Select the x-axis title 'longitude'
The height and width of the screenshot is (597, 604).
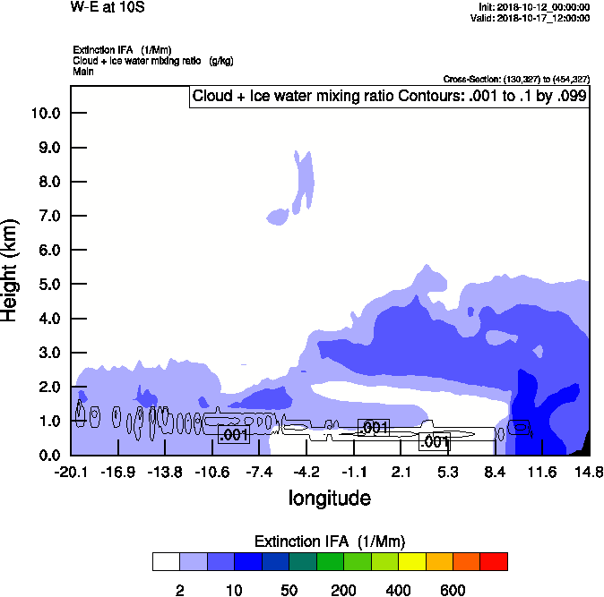(x=329, y=497)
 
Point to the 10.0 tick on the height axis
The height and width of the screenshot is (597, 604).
(x=46, y=114)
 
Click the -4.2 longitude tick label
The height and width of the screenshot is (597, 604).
(x=306, y=472)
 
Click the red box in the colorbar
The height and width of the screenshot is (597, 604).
(x=494, y=561)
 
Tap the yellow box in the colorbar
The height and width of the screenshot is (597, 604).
(x=412, y=561)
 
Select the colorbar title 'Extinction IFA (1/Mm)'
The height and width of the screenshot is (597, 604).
(x=330, y=541)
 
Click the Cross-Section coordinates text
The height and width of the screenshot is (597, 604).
(x=516, y=80)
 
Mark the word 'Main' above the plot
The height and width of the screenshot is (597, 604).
(x=83, y=71)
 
